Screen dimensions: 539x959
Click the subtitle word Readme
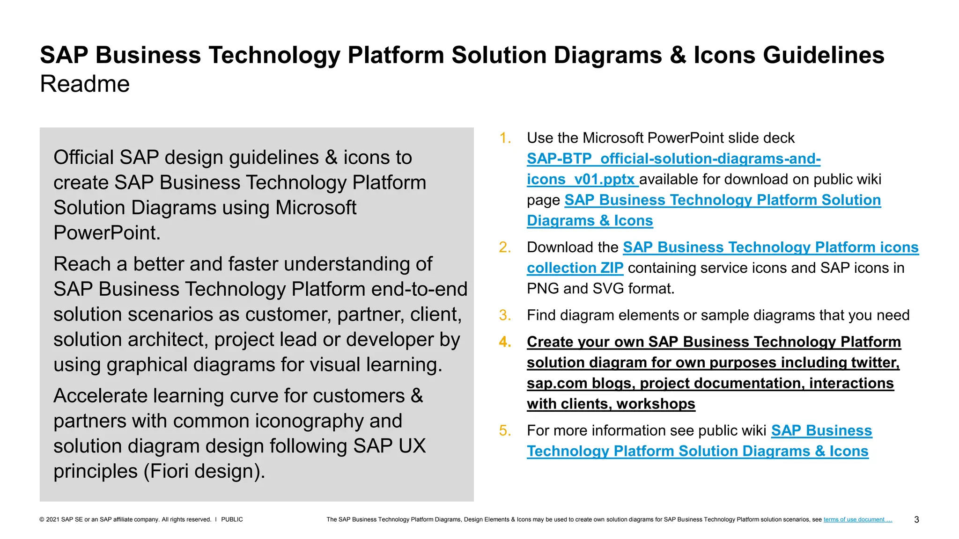point(85,84)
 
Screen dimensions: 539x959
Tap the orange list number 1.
point(504,138)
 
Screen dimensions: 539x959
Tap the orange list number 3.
point(504,315)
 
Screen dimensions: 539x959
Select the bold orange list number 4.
point(505,342)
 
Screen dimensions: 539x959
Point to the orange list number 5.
point(504,430)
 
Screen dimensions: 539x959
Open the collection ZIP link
point(575,268)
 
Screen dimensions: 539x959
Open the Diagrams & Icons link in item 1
point(590,220)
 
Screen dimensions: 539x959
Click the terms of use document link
point(857,519)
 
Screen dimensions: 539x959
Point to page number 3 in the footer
point(916,520)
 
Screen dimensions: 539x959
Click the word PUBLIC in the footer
point(232,519)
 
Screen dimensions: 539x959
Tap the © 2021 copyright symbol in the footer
point(42,519)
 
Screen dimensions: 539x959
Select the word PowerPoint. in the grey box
point(107,233)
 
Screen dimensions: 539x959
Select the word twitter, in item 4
point(875,363)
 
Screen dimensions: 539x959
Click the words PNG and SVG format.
point(600,289)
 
